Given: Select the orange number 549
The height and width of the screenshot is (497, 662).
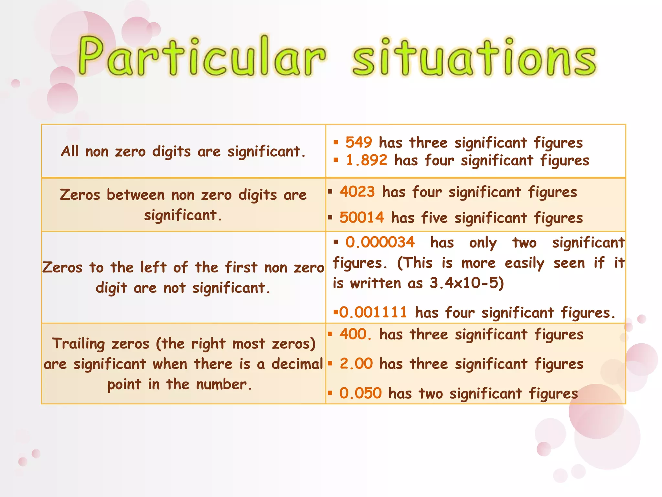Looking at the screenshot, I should [x=358, y=142].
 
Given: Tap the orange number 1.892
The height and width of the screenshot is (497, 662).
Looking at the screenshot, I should [x=366, y=160].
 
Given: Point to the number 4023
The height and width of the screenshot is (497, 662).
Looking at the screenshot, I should [x=357, y=192].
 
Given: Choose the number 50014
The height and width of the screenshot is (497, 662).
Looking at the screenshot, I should [x=362, y=217].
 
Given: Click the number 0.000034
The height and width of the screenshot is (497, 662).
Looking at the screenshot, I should [x=380, y=242].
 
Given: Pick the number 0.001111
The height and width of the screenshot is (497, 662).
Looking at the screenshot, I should [x=373, y=313].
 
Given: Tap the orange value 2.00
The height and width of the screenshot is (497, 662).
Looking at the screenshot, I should [x=356, y=364].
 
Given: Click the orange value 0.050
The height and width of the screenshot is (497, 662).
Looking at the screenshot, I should [x=360, y=393].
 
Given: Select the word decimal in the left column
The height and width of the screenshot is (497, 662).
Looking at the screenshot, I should [x=297, y=364].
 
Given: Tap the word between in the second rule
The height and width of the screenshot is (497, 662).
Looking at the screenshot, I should [x=136, y=195].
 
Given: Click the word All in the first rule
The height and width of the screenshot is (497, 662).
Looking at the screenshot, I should [x=69, y=151].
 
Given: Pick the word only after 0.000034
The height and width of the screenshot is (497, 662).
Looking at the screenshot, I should [x=483, y=243].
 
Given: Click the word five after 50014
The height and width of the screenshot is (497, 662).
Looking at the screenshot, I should [x=434, y=218].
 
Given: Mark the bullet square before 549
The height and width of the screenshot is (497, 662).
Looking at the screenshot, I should [x=336, y=142].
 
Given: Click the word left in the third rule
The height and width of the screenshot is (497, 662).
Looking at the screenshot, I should [x=154, y=268].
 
